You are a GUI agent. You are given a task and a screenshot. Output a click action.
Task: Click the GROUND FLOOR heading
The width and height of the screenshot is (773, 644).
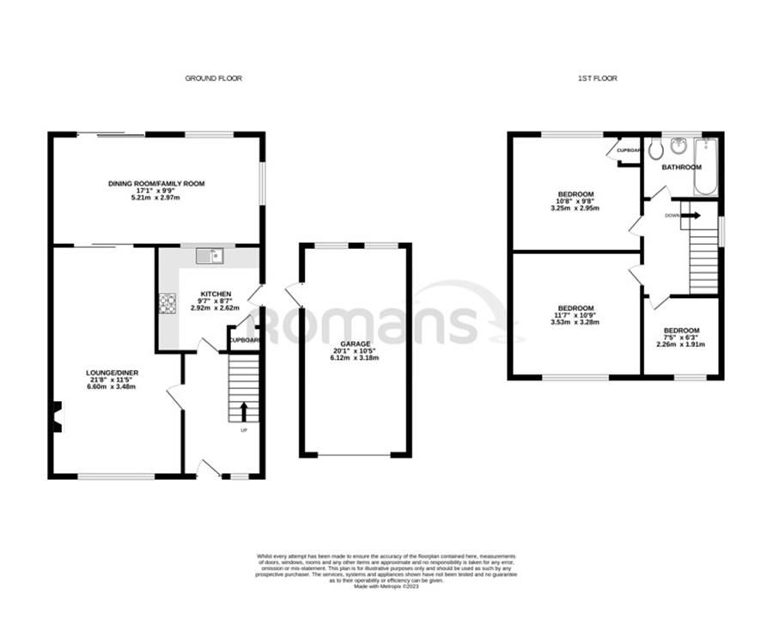[214, 78]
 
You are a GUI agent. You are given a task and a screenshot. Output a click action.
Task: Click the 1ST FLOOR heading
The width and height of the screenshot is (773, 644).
[597, 78]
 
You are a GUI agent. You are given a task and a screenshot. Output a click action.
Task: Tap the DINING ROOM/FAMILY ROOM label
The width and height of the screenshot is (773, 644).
[156, 184]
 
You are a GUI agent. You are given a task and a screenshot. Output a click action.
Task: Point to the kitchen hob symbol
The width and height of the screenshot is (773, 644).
[167, 302]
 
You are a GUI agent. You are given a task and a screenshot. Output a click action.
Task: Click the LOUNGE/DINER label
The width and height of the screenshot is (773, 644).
[112, 373]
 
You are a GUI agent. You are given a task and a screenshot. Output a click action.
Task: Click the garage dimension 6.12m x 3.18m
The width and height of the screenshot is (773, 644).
[355, 357]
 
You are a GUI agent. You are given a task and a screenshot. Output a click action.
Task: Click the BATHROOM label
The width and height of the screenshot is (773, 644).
[681, 167]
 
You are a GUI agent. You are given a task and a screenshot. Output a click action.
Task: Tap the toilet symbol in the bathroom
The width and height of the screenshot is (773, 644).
[656, 150]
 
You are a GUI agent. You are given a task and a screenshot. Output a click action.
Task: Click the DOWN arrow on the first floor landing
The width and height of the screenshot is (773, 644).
[691, 216]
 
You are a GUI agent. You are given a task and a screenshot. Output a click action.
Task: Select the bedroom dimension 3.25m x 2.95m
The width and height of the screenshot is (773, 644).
[575, 209]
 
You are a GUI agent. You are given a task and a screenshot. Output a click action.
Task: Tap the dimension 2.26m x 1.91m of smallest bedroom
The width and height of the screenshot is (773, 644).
[681, 344]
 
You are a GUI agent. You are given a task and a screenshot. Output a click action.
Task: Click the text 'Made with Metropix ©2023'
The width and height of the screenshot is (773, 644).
[386, 586]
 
